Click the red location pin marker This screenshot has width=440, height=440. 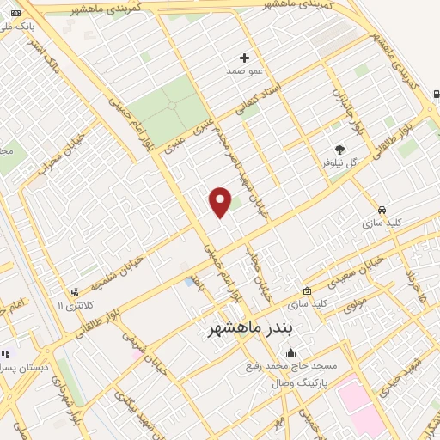pos(220,202)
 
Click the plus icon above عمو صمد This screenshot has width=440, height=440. pos(245,58)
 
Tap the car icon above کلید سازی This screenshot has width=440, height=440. pos(382,209)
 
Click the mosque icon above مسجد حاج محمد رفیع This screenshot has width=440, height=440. pos(290,352)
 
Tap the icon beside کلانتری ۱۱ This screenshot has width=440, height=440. pos(76,292)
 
